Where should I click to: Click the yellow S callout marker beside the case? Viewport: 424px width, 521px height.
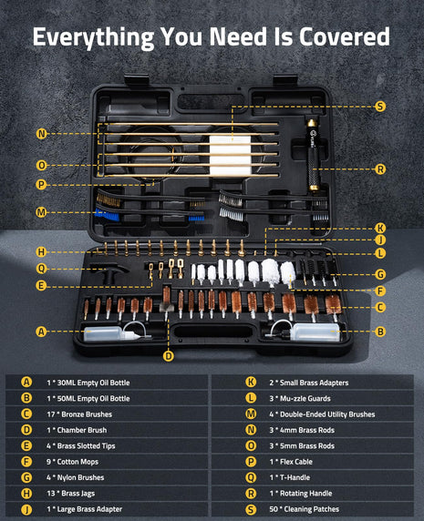pos(380,106)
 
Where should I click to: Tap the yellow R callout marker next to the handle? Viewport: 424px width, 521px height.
pos(380,169)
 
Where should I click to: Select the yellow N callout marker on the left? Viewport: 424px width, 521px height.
pos(41,133)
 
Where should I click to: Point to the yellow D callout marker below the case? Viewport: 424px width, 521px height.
pos(168,355)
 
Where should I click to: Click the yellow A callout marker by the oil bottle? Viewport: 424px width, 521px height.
pos(41,332)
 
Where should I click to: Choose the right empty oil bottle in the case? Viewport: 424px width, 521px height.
pos(314,333)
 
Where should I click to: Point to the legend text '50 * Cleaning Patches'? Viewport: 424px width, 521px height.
pos(289,509)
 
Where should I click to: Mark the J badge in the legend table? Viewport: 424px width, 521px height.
pos(26,509)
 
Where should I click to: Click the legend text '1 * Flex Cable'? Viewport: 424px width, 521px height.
pos(274,462)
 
